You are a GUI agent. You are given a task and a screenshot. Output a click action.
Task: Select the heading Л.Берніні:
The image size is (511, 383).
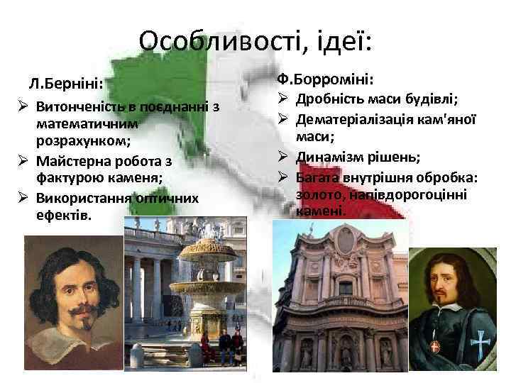(66, 84)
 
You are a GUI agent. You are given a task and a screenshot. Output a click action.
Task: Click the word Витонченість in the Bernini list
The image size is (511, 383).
(78, 108)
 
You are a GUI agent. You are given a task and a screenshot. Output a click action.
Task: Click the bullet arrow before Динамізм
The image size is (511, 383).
(281, 156)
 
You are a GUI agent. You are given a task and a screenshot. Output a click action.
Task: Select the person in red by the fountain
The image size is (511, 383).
(207, 345)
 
